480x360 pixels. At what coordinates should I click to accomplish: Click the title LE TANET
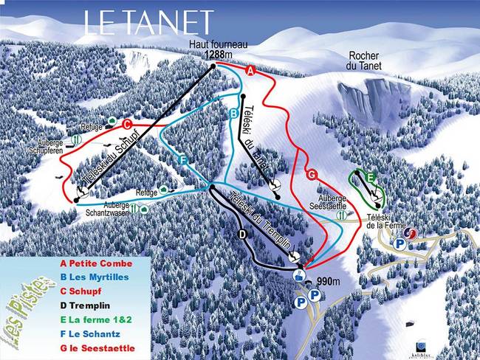tap(148, 23)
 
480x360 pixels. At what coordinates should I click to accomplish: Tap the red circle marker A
tap(250, 71)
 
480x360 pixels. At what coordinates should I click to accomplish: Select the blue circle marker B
tap(233, 114)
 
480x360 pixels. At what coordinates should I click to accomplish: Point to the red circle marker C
tap(127, 124)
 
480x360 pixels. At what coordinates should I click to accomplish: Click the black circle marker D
tap(241, 235)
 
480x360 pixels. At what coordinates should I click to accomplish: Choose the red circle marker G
tap(312, 174)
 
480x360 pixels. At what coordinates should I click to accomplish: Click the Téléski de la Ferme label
tap(383, 222)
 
